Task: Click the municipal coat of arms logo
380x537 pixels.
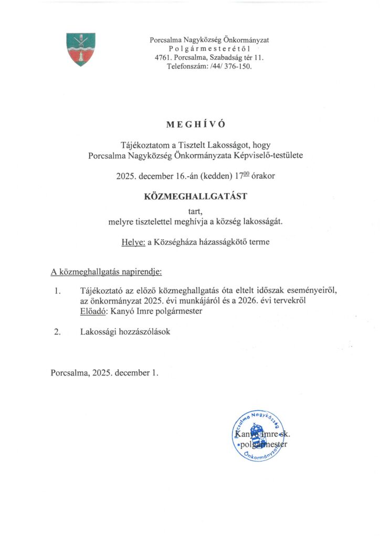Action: (x=81, y=49)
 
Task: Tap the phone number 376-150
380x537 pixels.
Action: (x=238, y=67)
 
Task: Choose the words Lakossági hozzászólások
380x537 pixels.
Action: (x=125, y=332)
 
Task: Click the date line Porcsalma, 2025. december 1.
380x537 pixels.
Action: (x=104, y=373)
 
